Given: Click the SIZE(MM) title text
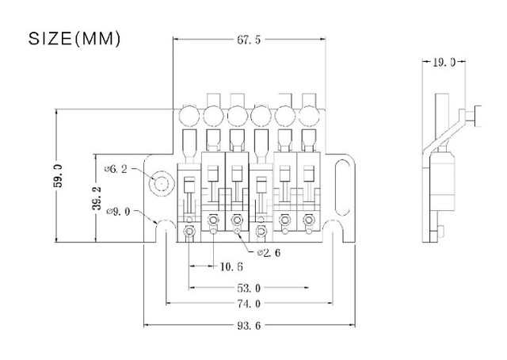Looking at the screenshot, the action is [74, 39].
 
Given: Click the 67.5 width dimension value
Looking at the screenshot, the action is [248, 40].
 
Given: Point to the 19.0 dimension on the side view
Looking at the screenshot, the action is [444, 62].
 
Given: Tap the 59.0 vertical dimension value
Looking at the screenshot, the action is [58, 176].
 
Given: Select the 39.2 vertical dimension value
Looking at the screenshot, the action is [97, 198].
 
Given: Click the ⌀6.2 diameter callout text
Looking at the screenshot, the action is [116, 169].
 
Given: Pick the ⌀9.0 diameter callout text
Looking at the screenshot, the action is [118, 212].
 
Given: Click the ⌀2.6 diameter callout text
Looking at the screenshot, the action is [269, 252].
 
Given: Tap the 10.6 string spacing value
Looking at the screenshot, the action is [231, 266].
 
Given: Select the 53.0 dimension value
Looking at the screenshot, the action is [249, 288].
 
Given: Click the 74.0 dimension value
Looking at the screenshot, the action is [249, 304].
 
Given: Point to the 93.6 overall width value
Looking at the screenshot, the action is [249, 326].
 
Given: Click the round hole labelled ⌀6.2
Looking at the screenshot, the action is [162, 184].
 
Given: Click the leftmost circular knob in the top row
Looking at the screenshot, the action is [189, 116].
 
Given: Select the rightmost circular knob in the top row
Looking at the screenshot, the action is [309, 116].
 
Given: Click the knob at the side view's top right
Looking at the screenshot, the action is [477, 116].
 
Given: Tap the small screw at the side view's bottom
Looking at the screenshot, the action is [440, 232].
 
